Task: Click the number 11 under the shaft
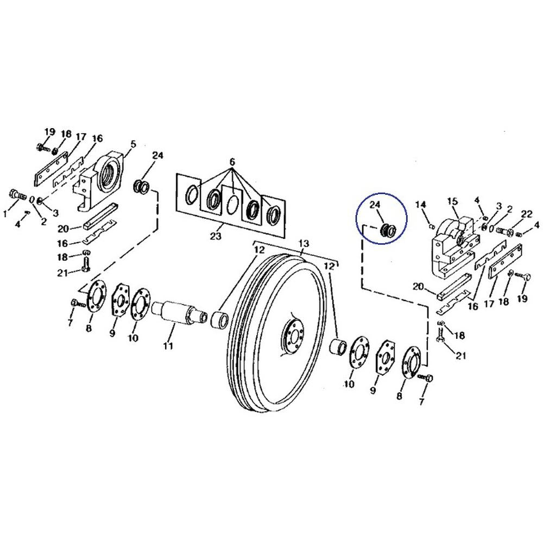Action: tap(168, 345)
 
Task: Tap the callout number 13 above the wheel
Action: tap(303, 243)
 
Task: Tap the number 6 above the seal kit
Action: tap(232, 162)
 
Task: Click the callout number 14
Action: tap(421, 204)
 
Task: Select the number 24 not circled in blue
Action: tap(157, 155)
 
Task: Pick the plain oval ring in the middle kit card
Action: tap(232, 205)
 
